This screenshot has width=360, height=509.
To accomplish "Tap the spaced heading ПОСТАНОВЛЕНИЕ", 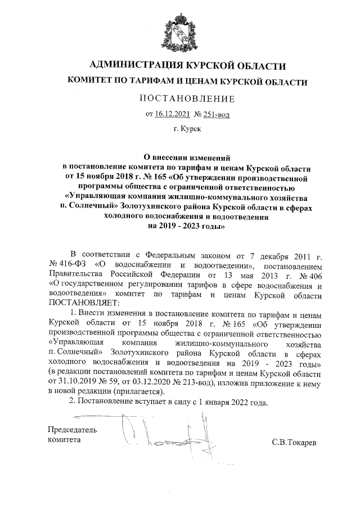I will click(186, 99).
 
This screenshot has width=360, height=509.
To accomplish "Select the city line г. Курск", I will click(187, 129).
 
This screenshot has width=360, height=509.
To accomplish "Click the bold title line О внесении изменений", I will click(186, 158).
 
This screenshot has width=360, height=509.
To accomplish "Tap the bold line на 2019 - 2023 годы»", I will click(186, 227).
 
